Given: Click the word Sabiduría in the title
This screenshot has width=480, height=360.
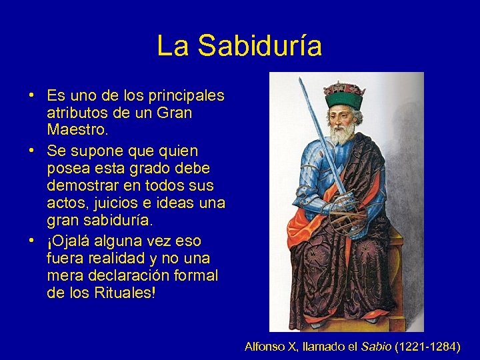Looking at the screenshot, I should tap(260, 46).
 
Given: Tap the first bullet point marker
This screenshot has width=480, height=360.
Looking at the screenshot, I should tap(32, 95).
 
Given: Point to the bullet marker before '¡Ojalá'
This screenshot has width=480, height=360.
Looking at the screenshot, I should tap(32, 240).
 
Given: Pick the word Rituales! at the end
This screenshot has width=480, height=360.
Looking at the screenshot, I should tap(123, 293).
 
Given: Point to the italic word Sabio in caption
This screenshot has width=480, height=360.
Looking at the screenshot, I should tap(377, 346).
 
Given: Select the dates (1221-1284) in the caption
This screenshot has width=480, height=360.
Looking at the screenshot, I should tap(427, 346).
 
